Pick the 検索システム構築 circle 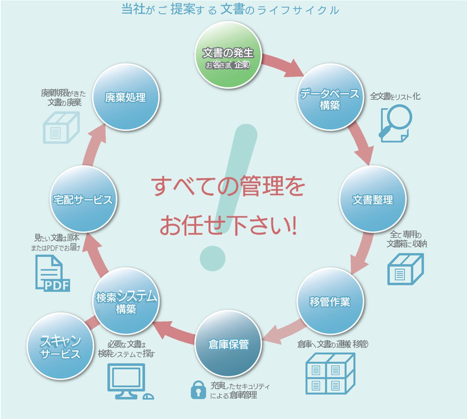pyautogui.click(x=126, y=302)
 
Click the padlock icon pyautogui.click(x=197, y=389)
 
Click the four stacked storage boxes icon pyautogui.click(x=330, y=373)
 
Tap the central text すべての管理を pyautogui.click(x=228, y=187)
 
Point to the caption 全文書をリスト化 pyautogui.click(x=395, y=96)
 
